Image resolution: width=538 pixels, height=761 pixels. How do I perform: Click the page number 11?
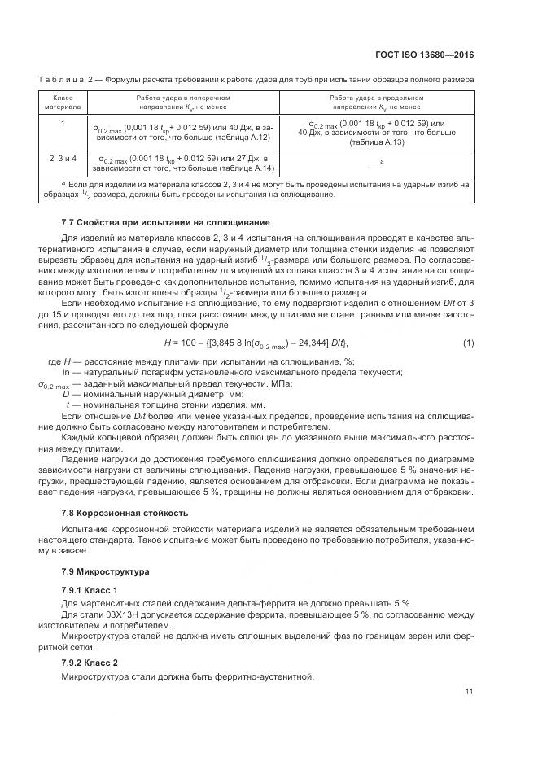(x=469, y=692)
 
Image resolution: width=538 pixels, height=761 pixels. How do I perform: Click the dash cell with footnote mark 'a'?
(x=376, y=163)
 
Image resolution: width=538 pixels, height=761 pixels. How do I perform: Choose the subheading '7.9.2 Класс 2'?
(x=90, y=662)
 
